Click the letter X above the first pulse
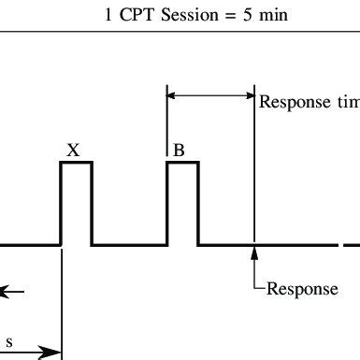pos(76,149)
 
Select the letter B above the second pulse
pos(179,149)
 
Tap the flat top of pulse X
pos(76,163)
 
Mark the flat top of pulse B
pos(182,163)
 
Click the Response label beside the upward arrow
pos(302,289)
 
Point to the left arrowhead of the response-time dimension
pos(172,94)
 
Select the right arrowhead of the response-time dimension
pos(249,94)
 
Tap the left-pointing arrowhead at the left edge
pos(5,293)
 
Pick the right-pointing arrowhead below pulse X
pos(54,353)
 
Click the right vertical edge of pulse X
pos(92,204)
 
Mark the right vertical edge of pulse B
pos(198,204)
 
